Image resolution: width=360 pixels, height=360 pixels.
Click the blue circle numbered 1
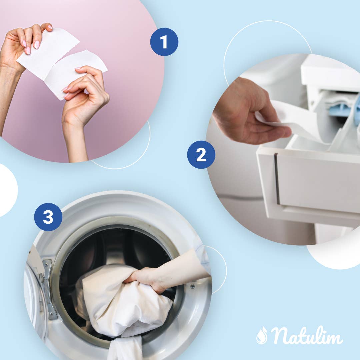[164, 42]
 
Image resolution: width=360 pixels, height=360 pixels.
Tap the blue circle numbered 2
[201, 155]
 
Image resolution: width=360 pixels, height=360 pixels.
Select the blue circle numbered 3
[48, 217]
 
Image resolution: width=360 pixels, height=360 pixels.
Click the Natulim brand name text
[307, 335]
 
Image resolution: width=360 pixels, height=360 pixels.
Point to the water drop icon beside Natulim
[262, 335]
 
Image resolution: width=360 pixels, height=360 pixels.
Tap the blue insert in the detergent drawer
[343, 108]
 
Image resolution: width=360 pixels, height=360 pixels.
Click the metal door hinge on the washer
[48, 287]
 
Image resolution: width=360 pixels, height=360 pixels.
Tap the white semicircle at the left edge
[7, 190]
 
